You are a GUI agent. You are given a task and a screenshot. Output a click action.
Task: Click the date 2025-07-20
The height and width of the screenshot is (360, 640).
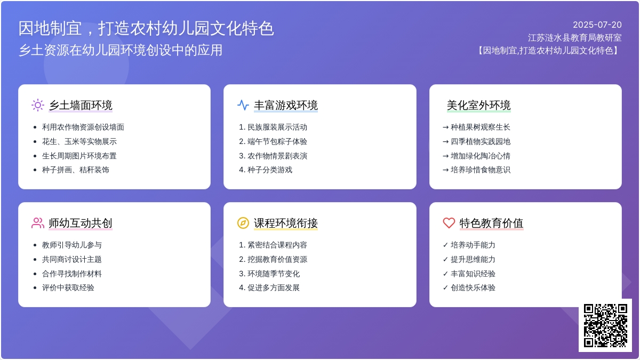597,25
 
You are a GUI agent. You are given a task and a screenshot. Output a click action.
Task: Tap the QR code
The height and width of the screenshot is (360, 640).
605,325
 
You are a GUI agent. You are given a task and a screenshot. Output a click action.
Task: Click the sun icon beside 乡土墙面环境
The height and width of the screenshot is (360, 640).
38,105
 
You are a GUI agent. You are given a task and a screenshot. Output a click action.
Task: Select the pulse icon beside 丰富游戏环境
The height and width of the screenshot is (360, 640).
243,105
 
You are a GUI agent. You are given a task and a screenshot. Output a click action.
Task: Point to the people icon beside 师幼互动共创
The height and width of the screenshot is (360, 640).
38,223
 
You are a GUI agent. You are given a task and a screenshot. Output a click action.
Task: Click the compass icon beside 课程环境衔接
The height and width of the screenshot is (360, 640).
243,223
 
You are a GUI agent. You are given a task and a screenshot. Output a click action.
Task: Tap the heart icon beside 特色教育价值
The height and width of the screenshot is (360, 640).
449,223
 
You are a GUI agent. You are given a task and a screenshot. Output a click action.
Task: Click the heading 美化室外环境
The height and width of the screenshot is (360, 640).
478,105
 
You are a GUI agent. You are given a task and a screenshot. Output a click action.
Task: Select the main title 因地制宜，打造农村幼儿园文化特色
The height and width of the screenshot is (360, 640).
146,28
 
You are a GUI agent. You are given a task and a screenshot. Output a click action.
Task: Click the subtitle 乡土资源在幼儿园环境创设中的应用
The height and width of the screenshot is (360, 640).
121,50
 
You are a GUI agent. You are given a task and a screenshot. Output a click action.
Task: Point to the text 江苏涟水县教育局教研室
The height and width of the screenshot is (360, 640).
574,38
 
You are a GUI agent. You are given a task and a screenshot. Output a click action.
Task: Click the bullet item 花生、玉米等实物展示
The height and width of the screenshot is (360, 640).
79,141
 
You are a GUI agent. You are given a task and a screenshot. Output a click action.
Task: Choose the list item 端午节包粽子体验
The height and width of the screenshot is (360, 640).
277,141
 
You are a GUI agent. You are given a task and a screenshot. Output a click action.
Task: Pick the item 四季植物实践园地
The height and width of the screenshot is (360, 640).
481,141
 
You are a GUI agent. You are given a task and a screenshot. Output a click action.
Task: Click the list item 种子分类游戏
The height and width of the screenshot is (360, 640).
270,170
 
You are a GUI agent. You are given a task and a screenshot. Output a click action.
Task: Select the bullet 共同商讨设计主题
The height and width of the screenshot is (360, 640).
71,259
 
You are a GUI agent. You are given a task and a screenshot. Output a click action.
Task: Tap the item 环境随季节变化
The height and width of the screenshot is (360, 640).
274,274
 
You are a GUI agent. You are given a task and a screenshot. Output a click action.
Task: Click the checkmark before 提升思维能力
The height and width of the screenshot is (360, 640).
445,259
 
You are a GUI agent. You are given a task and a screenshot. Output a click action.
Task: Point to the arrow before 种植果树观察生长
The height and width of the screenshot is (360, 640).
445,127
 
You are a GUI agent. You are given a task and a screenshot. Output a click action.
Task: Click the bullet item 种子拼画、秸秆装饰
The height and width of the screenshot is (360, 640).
76,170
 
